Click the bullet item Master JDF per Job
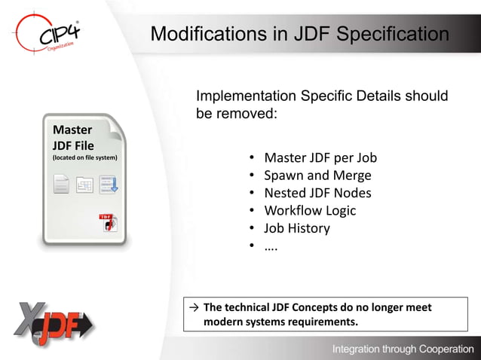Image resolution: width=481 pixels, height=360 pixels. coord(320,158)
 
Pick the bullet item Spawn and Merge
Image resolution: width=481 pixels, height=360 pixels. coord(317,175)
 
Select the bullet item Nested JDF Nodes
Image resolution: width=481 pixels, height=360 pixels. coord(317,193)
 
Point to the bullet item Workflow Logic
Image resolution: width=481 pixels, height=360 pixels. coord(309,210)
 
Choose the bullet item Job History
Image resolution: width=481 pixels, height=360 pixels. coord(296,227)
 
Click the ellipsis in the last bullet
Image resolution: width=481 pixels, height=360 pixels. coord(271,246)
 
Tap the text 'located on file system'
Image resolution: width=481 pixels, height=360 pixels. coord(84,158)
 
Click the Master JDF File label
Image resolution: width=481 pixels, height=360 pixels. coord(72,137)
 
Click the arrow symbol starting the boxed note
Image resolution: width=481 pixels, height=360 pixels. coord(195,308)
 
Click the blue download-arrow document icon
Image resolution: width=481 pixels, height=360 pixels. coord(108,184)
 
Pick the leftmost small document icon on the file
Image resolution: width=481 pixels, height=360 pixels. coord(61,184)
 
